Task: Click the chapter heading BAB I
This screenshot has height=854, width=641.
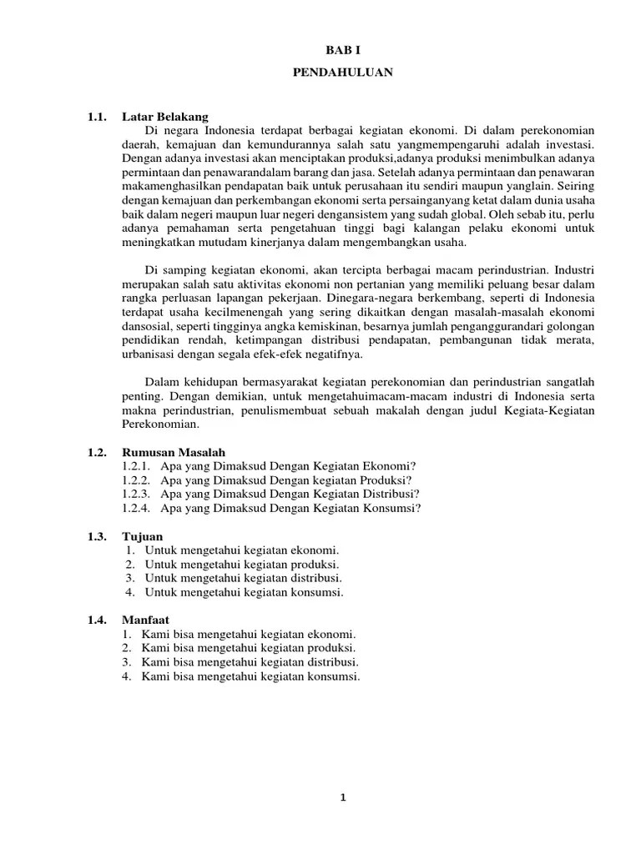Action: click(x=344, y=51)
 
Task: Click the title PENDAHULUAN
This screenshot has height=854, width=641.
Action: click(x=343, y=73)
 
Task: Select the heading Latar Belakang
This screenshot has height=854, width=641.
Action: click(x=165, y=116)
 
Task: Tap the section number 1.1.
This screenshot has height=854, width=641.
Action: click(x=97, y=116)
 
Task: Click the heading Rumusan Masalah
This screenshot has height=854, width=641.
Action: click(x=174, y=452)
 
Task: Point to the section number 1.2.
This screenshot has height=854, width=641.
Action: click(x=97, y=452)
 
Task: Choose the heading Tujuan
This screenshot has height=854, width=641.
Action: click(x=142, y=536)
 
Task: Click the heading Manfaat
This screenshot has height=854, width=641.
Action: click(x=146, y=620)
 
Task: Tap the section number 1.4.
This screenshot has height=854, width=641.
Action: click(x=97, y=620)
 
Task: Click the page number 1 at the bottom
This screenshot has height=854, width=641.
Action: click(x=343, y=797)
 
